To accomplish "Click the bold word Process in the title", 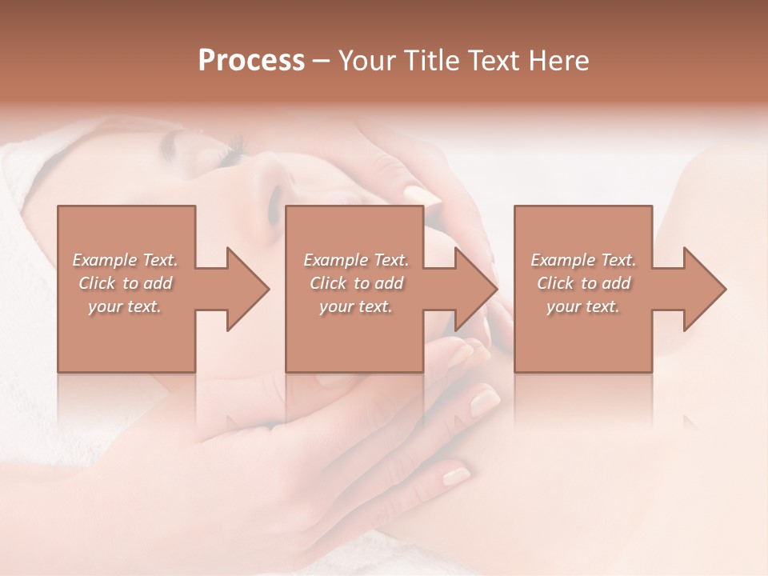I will point(251,61).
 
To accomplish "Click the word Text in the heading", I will point(493,61).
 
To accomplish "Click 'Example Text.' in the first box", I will point(125,260).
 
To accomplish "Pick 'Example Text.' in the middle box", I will point(356,260).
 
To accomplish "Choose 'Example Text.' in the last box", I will point(583,260).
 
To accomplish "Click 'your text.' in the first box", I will point(125,306).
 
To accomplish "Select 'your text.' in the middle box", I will point(356,306).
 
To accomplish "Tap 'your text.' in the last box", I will point(583,306).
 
